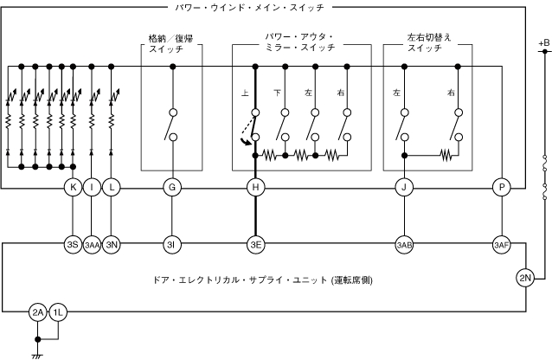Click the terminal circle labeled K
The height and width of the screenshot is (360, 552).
click(x=73, y=188)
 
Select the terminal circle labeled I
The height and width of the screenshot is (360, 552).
click(x=92, y=188)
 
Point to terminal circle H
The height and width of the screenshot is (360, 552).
click(x=255, y=188)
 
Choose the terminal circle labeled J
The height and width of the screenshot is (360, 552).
click(x=404, y=188)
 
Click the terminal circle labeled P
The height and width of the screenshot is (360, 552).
click(x=501, y=188)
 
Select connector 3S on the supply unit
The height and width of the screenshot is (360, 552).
click(x=73, y=245)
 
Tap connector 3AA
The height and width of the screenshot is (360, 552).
click(x=92, y=245)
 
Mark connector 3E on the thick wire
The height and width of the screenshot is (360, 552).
click(x=255, y=245)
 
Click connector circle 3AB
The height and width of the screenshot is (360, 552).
click(x=404, y=245)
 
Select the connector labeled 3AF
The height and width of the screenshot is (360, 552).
click(x=501, y=245)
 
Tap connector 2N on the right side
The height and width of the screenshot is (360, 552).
click(x=526, y=278)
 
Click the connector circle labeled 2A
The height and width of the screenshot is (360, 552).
click(x=38, y=312)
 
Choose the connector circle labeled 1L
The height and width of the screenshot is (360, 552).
click(x=56, y=312)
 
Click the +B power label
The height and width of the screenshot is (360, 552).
click(x=542, y=42)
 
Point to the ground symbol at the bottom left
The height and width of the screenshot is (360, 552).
click(x=38, y=353)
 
